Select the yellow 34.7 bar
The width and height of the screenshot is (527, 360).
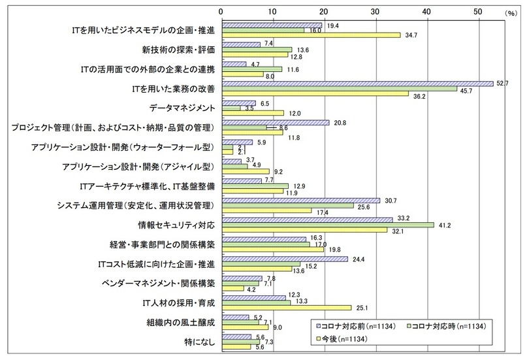click(311, 35)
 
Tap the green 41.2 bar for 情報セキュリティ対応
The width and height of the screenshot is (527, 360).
click(327, 225)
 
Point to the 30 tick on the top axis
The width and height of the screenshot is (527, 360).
click(375, 11)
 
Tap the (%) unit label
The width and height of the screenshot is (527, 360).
click(509, 12)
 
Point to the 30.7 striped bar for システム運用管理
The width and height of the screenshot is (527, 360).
click(300, 200)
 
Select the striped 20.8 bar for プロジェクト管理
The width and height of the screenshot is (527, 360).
click(275, 122)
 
